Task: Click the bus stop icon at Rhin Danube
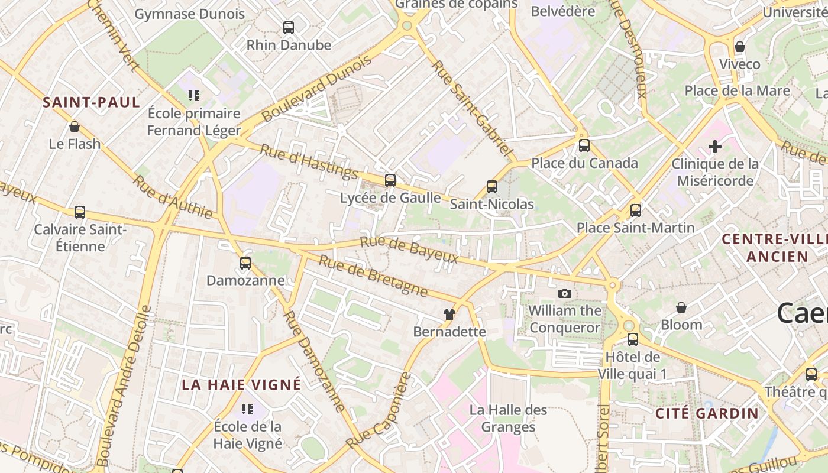289,27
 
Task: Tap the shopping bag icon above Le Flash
75,127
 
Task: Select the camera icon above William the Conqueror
565,293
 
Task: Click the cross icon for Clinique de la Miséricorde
715,146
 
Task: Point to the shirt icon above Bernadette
449,315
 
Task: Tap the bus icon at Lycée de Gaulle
390,180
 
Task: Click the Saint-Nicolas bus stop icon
492,187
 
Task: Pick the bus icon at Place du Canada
584,145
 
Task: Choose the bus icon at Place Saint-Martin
636,210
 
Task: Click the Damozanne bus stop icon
245,263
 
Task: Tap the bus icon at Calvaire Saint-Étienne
80,212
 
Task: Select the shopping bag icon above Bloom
681,307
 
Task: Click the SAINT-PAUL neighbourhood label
92,102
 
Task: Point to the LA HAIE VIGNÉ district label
241,385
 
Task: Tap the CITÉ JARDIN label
707,413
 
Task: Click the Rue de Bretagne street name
373,276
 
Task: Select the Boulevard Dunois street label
317,89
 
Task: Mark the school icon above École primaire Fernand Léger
194,95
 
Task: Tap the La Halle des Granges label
509,418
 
